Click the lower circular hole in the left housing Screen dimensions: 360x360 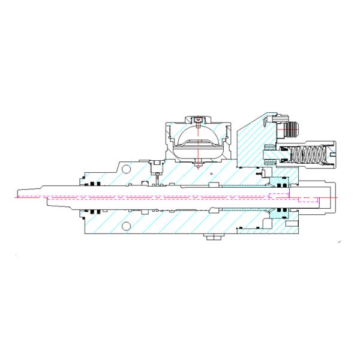[125, 226]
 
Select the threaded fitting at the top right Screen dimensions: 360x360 [293, 127]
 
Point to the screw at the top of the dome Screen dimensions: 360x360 [197, 120]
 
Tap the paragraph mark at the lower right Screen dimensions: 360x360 [340, 241]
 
